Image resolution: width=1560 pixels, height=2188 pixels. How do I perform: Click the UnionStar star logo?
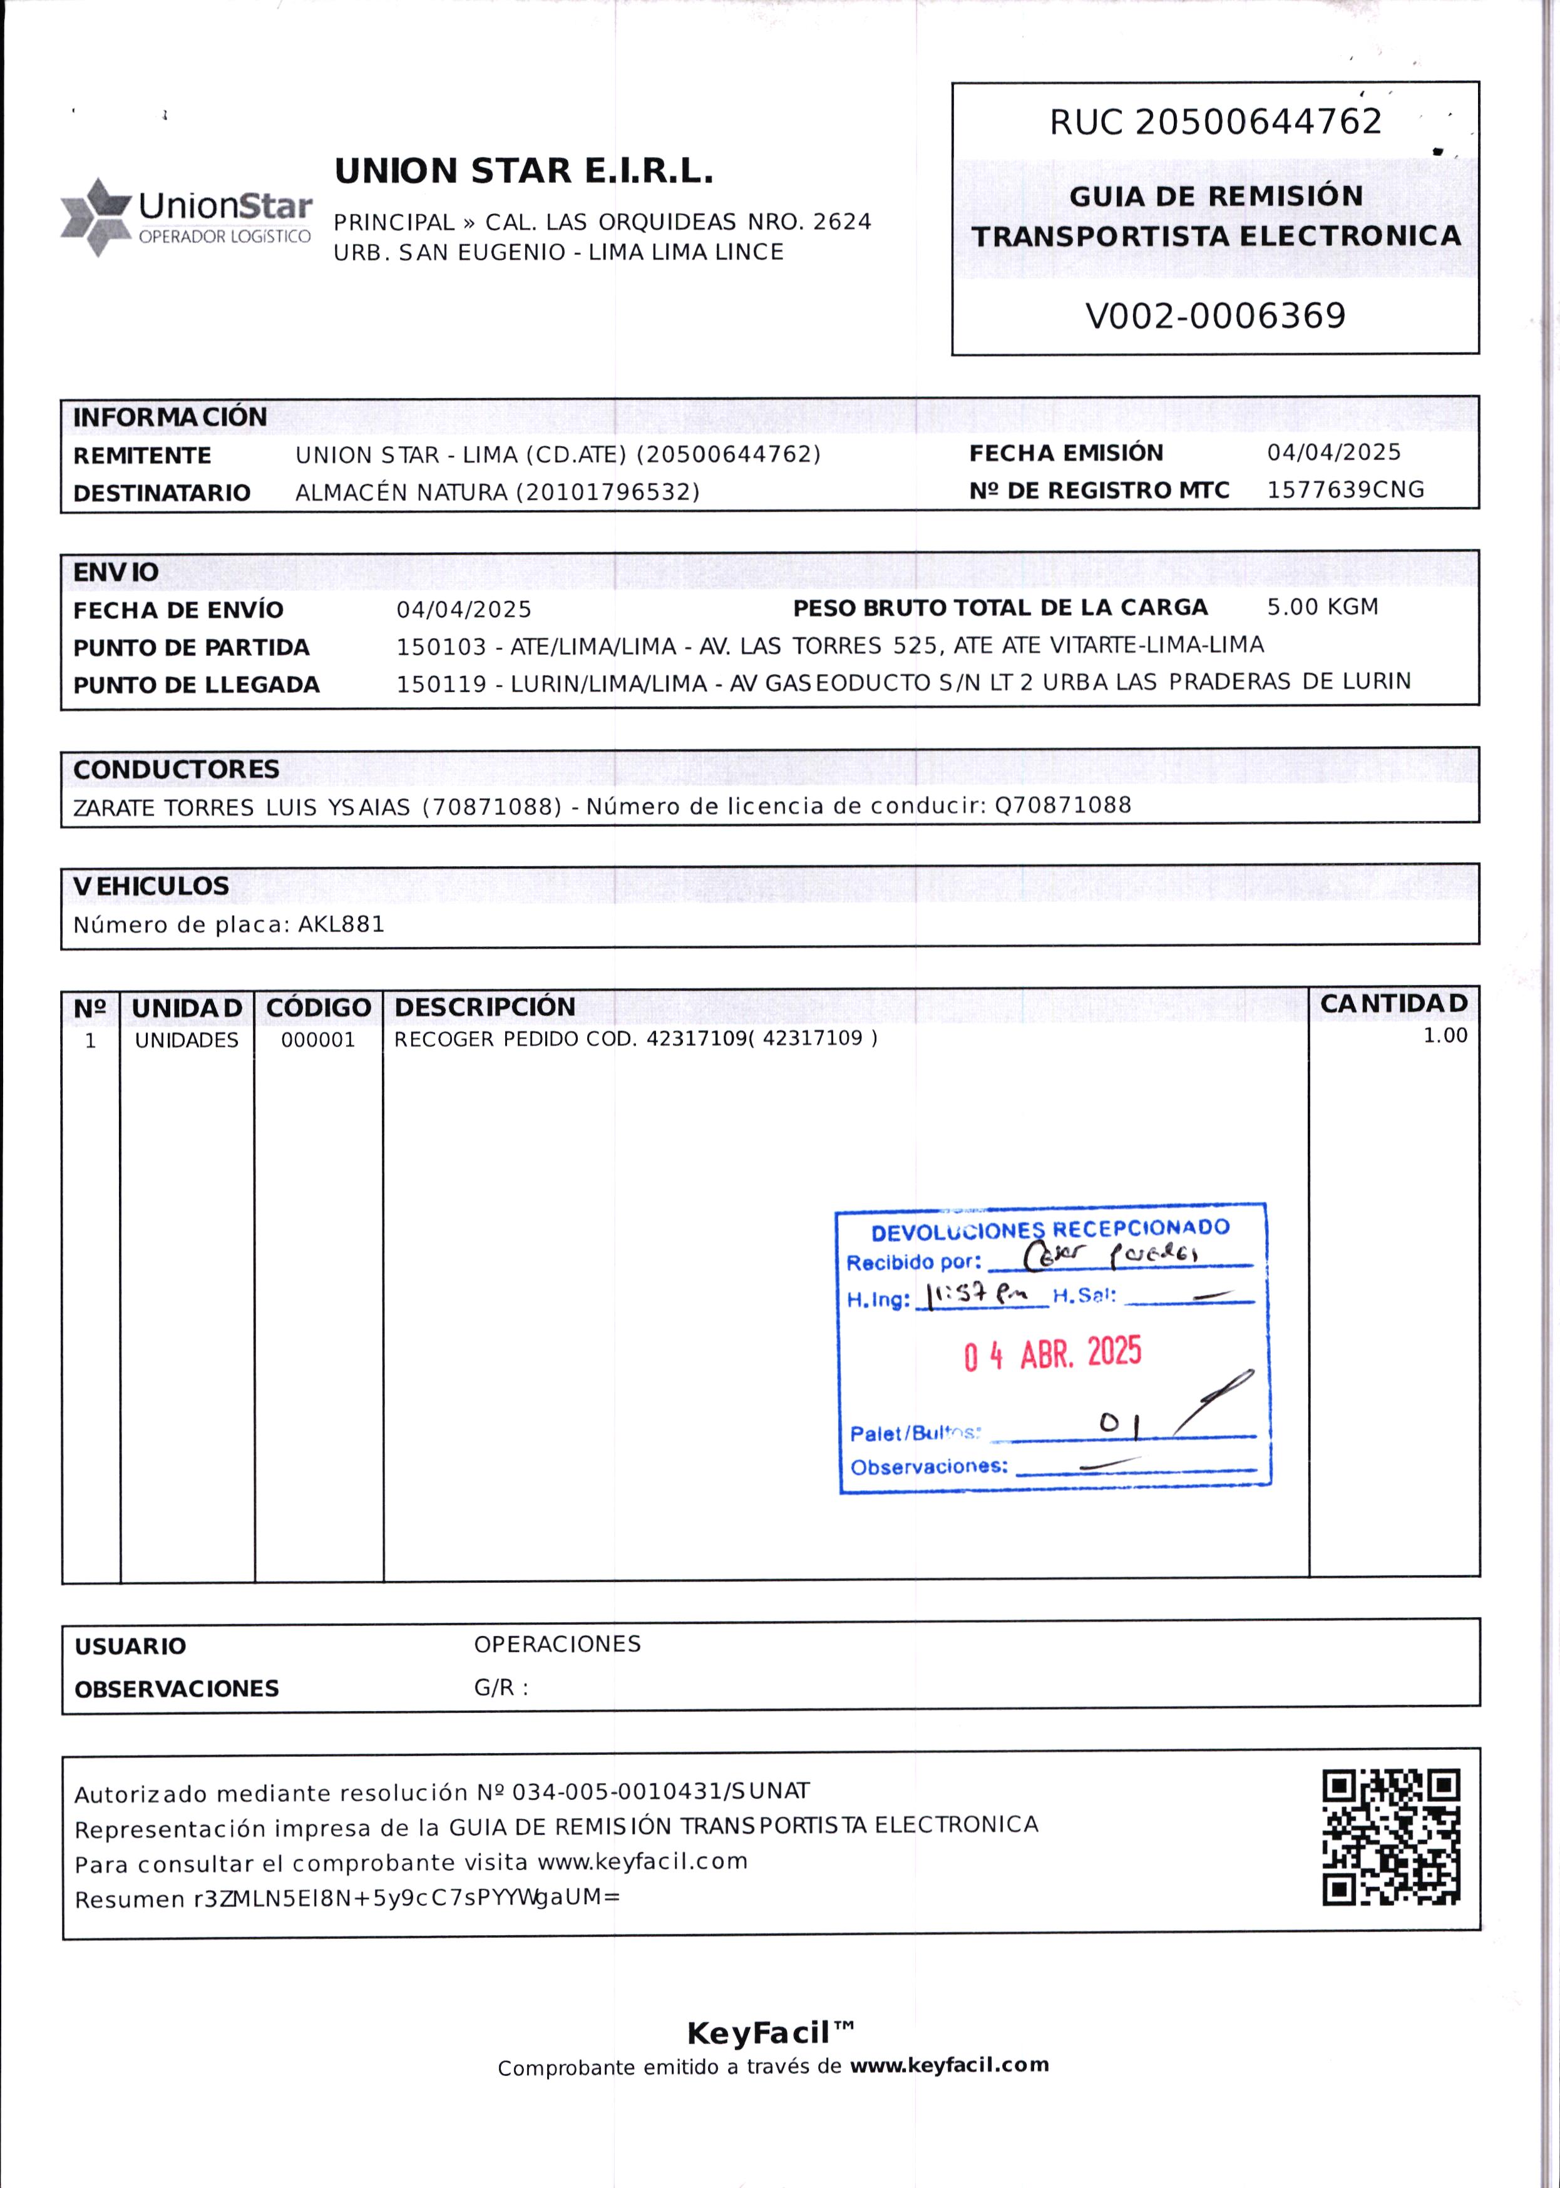pyautogui.click(x=95, y=217)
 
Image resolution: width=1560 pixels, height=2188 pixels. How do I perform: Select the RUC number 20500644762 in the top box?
pyautogui.click(x=1258, y=122)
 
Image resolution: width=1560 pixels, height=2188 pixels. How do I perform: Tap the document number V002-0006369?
pyautogui.click(x=1215, y=316)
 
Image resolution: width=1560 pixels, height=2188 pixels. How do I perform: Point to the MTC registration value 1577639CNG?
pyautogui.click(x=1345, y=490)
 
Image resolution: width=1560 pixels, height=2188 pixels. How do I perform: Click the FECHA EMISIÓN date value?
pyautogui.click(x=1333, y=452)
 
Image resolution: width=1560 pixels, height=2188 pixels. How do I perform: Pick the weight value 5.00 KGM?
pyautogui.click(x=1321, y=607)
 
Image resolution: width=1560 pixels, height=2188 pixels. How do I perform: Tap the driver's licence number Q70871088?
pyautogui.click(x=1062, y=805)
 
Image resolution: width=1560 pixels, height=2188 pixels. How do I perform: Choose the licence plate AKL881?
pyautogui.click(x=341, y=925)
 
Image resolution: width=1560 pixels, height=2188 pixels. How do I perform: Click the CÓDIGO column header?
pyautogui.click(x=318, y=1008)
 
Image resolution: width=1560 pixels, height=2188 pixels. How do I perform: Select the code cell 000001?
pyautogui.click(x=318, y=1040)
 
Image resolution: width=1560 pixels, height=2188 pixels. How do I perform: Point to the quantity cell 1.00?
pyautogui.click(x=1444, y=1035)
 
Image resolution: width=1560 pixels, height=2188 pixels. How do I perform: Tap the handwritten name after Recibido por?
pyautogui.click(x=1109, y=1254)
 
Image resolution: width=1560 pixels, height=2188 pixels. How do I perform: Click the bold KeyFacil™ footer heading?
pyautogui.click(x=771, y=2032)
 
